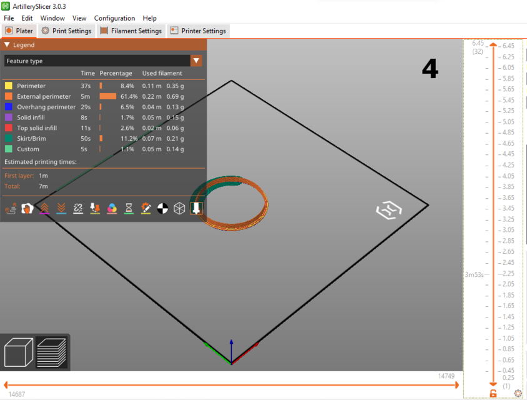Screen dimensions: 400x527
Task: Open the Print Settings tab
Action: (66, 31)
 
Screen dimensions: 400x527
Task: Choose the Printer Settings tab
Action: (198, 31)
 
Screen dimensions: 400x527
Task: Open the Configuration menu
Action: (114, 18)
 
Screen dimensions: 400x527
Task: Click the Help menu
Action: (149, 18)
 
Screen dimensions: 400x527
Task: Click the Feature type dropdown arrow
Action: (196, 61)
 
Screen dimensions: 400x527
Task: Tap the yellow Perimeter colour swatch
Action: (9, 86)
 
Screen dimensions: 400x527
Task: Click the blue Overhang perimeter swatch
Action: (9, 107)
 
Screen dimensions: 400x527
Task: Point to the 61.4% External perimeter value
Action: (129, 96)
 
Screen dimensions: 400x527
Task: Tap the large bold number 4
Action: (430, 69)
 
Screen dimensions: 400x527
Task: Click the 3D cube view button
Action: (18, 352)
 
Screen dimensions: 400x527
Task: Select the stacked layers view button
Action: (51, 352)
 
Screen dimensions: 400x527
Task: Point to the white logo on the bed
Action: (388, 210)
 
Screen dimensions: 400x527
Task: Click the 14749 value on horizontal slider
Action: (446, 376)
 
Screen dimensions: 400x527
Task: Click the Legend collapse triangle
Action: (7, 45)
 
